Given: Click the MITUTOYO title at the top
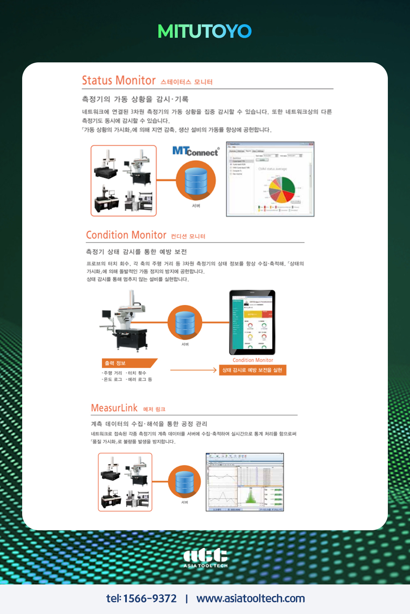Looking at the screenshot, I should click(x=204, y=32).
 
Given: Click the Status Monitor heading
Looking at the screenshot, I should click(x=119, y=80).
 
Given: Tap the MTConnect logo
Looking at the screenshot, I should click(x=195, y=151).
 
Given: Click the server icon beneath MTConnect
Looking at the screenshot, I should click(x=196, y=181).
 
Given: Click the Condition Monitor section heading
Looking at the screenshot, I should click(x=126, y=235).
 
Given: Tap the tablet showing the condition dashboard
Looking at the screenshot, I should click(x=252, y=322).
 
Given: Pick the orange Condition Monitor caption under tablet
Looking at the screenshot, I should click(x=253, y=360).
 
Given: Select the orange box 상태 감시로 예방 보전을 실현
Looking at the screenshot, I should click(x=252, y=370).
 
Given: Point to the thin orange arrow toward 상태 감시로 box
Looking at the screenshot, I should click(x=193, y=370).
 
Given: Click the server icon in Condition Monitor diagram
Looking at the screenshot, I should click(x=185, y=323).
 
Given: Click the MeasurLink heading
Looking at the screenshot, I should click(x=115, y=408).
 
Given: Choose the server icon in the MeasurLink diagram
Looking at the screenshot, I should click(x=184, y=482).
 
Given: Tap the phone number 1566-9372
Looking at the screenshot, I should click(x=150, y=599).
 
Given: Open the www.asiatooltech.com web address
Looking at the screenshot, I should click(x=250, y=599).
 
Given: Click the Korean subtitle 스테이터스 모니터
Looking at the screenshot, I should click(x=186, y=82).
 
